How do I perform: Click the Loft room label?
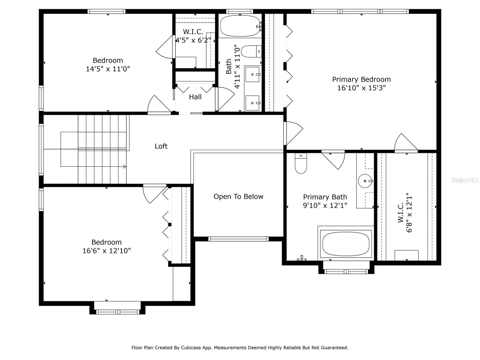(x=161, y=146)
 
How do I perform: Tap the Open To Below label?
(x=238, y=196)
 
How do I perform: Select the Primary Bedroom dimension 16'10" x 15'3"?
(x=361, y=88)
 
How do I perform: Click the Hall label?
(x=195, y=97)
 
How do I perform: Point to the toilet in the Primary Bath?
(x=301, y=163)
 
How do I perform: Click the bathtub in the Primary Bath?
(x=346, y=244)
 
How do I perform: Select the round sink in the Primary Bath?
(x=365, y=181)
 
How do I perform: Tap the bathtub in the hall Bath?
(x=240, y=26)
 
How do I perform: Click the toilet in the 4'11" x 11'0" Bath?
(x=251, y=51)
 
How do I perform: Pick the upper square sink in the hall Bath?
(x=252, y=74)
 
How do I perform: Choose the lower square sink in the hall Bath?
(x=252, y=103)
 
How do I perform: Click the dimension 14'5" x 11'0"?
(x=108, y=69)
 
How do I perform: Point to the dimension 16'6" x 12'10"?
(x=106, y=250)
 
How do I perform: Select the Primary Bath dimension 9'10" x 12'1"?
(x=325, y=205)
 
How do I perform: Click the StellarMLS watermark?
(x=465, y=180)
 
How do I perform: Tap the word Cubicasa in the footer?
(x=190, y=347)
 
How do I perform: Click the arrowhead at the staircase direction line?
(x=124, y=166)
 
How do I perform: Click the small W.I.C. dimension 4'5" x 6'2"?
(x=193, y=40)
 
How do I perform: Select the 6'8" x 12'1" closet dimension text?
(x=409, y=212)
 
